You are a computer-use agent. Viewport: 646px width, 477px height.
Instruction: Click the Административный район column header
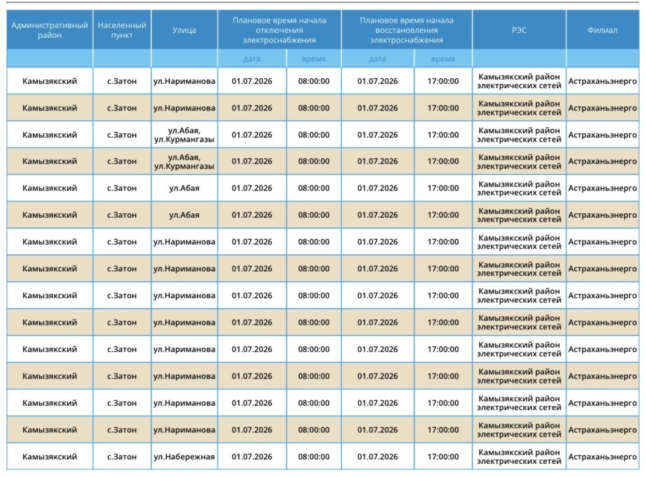(x=49, y=30)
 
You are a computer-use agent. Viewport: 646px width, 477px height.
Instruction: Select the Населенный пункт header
(x=122, y=30)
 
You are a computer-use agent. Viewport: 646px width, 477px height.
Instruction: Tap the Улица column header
(x=184, y=30)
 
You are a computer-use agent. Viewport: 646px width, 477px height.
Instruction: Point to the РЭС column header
(x=519, y=30)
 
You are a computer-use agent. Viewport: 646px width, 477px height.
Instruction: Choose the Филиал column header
(x=602, y=30)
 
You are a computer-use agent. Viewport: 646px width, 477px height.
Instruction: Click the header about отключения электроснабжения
(x=279, y=30)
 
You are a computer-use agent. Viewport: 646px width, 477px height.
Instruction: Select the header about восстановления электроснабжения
(x=407, y=30)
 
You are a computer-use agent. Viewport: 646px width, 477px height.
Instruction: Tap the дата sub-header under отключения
(x=252, y=59)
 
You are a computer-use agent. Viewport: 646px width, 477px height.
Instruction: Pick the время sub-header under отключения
(x=314, y=59)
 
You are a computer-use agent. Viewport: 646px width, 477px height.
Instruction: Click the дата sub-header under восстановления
(x=377, y=59)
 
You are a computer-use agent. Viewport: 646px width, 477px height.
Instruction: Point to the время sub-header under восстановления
(x=443, y=59)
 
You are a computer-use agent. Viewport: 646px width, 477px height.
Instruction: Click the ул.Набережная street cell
(x=184, y=456)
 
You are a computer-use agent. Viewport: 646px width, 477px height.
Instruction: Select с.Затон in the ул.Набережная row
(x=122, y=456)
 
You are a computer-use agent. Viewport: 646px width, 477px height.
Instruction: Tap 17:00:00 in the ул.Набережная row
(x=443, y=456)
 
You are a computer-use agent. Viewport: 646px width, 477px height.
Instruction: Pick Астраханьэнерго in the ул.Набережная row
(x=602, y=456)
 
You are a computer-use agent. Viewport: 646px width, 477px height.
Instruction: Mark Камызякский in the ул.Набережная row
(x=49, y=456)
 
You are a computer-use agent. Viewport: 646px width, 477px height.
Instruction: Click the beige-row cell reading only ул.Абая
(x=184, y=215)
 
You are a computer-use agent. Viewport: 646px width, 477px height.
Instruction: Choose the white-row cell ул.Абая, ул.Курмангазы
(x=184, y=134)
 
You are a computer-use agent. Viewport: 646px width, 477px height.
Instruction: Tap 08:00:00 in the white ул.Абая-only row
(x=314, y=188)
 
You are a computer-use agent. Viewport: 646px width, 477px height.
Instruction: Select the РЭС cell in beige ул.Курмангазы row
(x=519, y=162)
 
